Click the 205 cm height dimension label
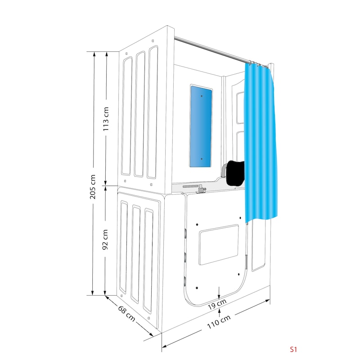tap(93, 186)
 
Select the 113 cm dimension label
tap(106, 119)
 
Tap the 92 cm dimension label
tap(105, 239)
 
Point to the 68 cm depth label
tap(126, 313)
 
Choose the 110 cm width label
tap(219, 322)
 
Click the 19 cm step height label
tap(217, 304)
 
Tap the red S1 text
tap(293, 349)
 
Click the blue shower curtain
tap(261, 142)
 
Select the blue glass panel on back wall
tap(200, 126)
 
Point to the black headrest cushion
tap(235, 173)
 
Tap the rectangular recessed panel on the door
tap(219, 244)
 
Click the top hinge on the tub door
tap(185, 233)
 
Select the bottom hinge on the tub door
tap(184, 281)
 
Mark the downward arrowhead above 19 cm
tap(219, 296)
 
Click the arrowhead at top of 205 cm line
tap(94, 54)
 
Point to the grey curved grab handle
tap(223, 171)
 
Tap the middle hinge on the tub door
tap(185, 257)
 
